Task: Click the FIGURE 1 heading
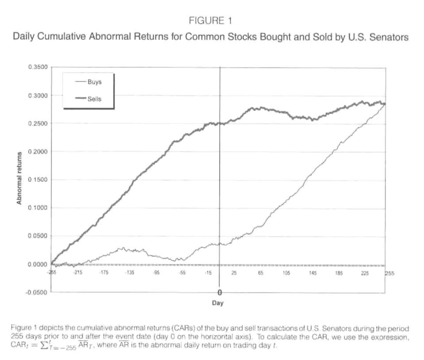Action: pyautogui.click(x=211, y=21)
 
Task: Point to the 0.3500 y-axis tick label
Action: pyautogui.click(x=37, y=67)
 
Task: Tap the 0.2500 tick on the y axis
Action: pyautogui.click(x=37, y=123)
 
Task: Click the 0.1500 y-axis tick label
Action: pyautogui.click(x=37, y=180)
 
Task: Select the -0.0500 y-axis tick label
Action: pyautogui.click(x=37, y=292)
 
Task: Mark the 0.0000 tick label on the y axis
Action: pyautogui.click(x=37, y=264)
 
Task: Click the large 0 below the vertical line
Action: pyautogui.click(x=219, y=292)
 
